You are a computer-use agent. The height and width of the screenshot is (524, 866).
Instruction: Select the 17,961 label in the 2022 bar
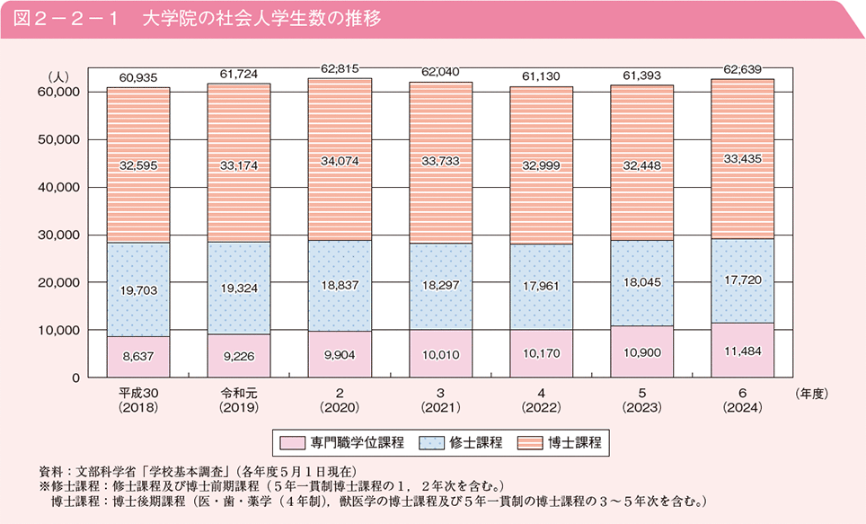pos(541,289)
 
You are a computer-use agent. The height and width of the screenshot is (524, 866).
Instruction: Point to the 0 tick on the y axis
pos(76,377)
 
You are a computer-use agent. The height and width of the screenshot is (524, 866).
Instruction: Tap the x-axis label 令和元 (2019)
pos(238,400)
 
